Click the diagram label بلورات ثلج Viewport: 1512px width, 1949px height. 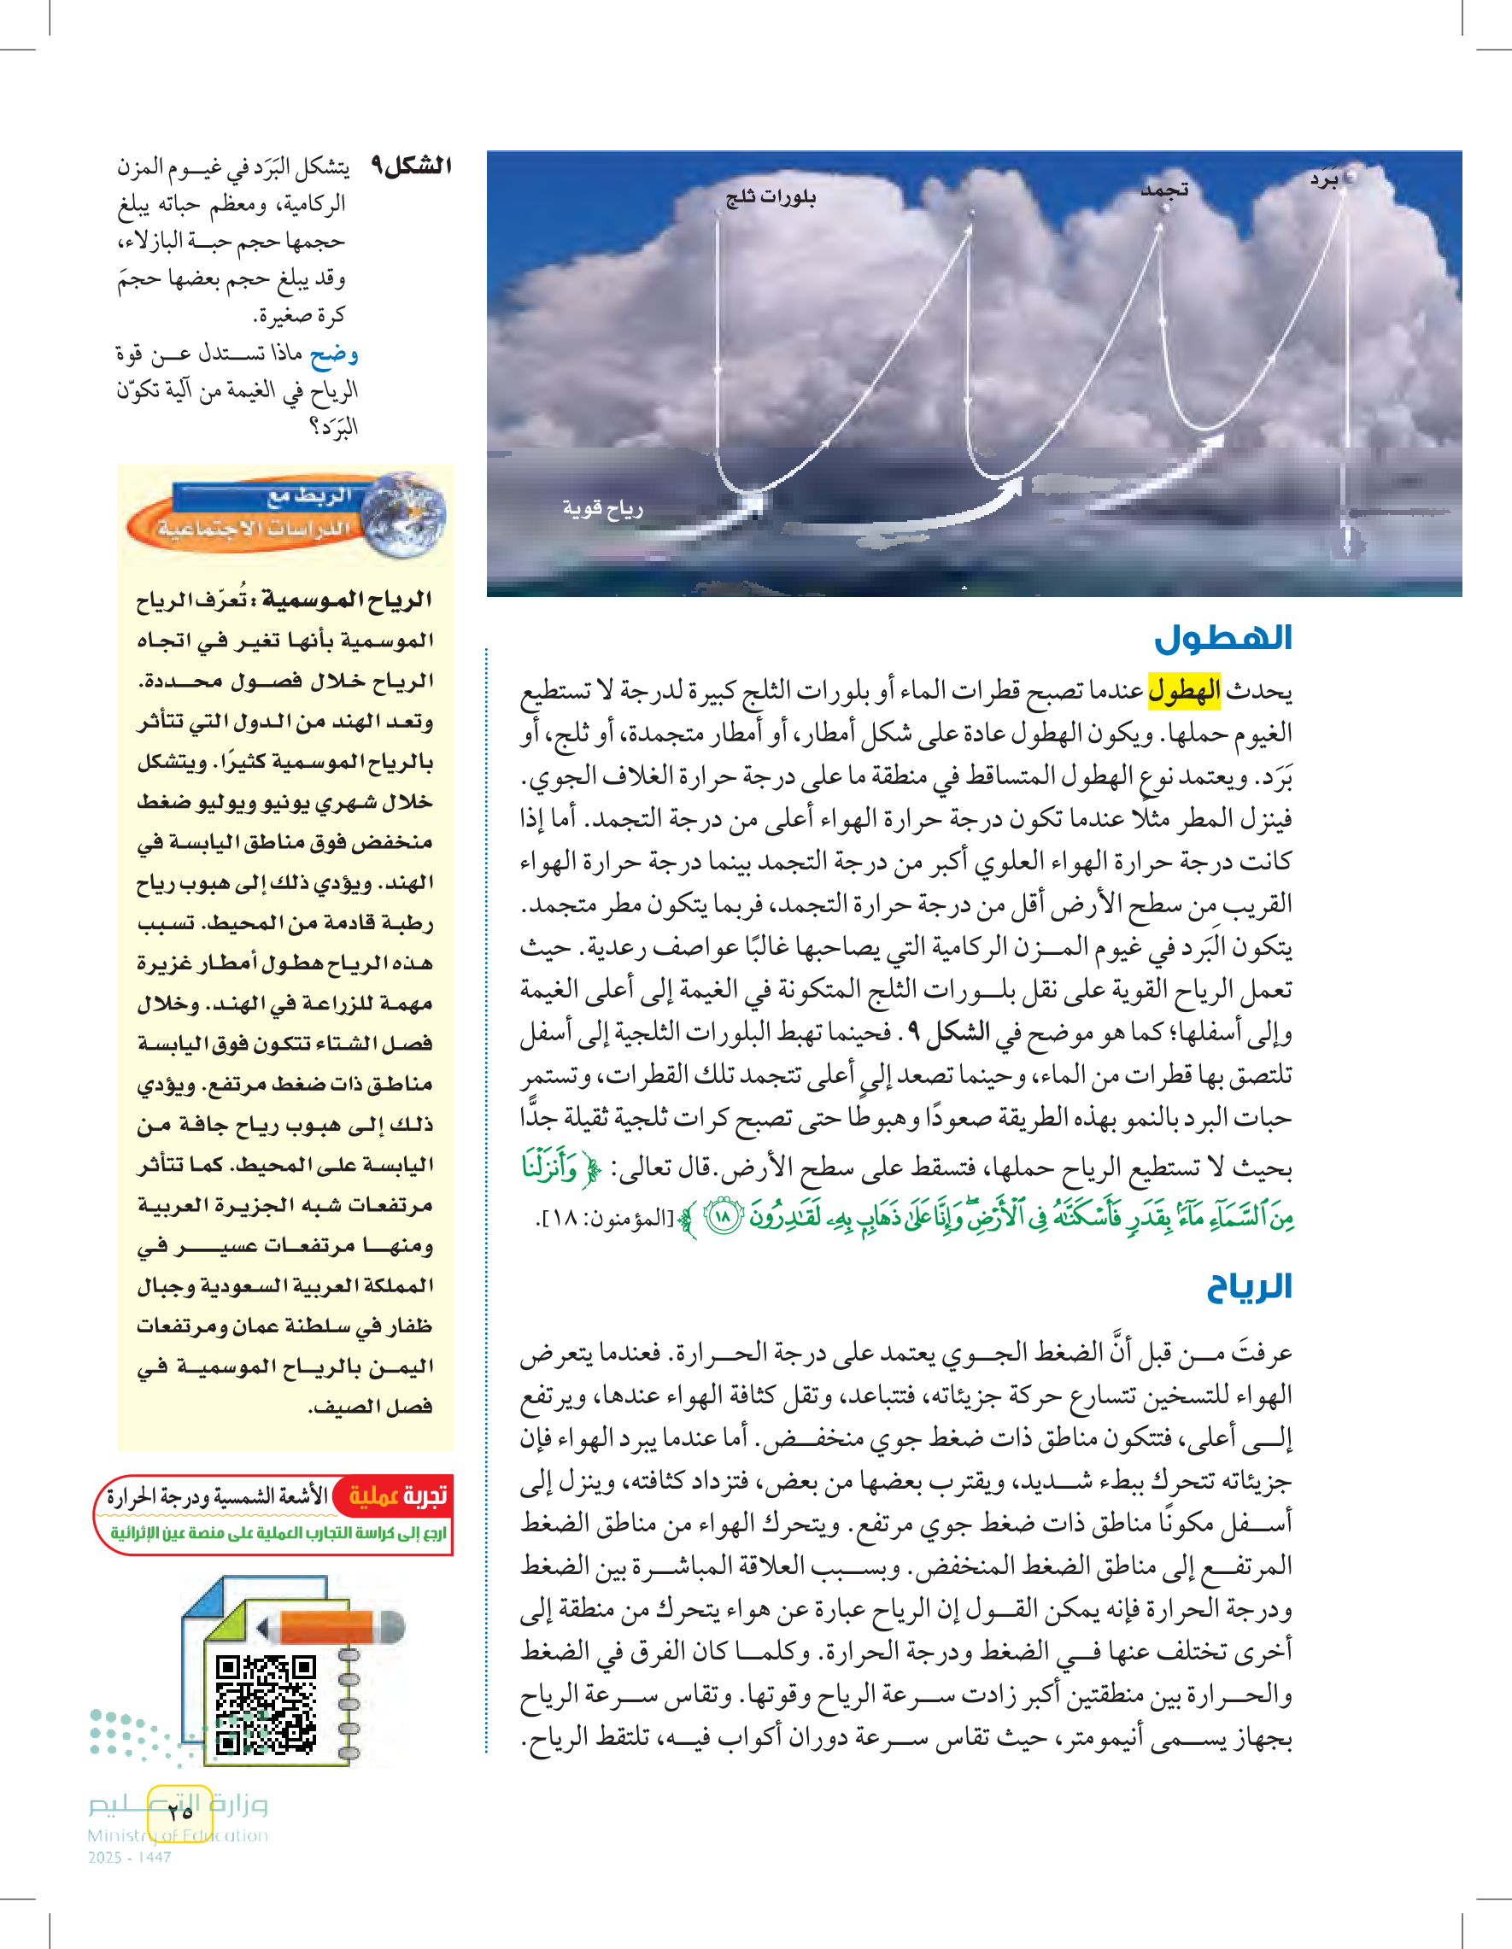pos(771,196)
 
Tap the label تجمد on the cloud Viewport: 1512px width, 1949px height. pos(1165,190)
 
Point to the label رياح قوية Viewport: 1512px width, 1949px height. pos(602,509)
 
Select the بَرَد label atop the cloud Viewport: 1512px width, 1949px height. pos(1325,179)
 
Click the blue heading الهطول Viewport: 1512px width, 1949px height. pos(1222,638)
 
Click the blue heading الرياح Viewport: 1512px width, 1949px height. pos(1249,1286)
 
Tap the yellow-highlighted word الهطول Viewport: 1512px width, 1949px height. pos(1183,691)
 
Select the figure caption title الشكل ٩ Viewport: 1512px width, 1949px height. pos(412,166)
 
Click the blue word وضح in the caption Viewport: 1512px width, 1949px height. pos(334,354)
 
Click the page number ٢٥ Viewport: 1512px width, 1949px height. pos(179,1811)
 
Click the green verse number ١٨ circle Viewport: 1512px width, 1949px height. pos(724,1216)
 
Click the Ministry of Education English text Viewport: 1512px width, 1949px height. pos(178,1835)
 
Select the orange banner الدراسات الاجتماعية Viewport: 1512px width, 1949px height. pos(255,529)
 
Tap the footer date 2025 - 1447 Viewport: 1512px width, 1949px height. pos(130,1857)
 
